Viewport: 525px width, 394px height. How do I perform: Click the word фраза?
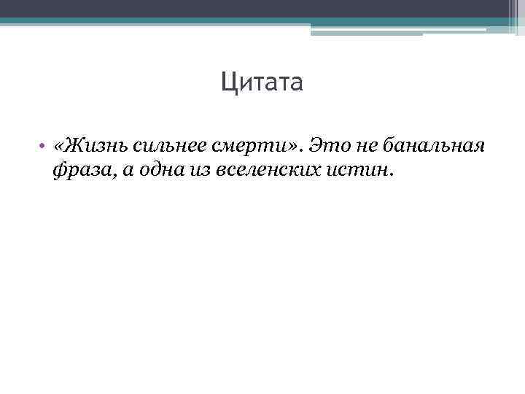click(74, 171)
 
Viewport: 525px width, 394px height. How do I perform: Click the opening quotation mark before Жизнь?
click(58, 147)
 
